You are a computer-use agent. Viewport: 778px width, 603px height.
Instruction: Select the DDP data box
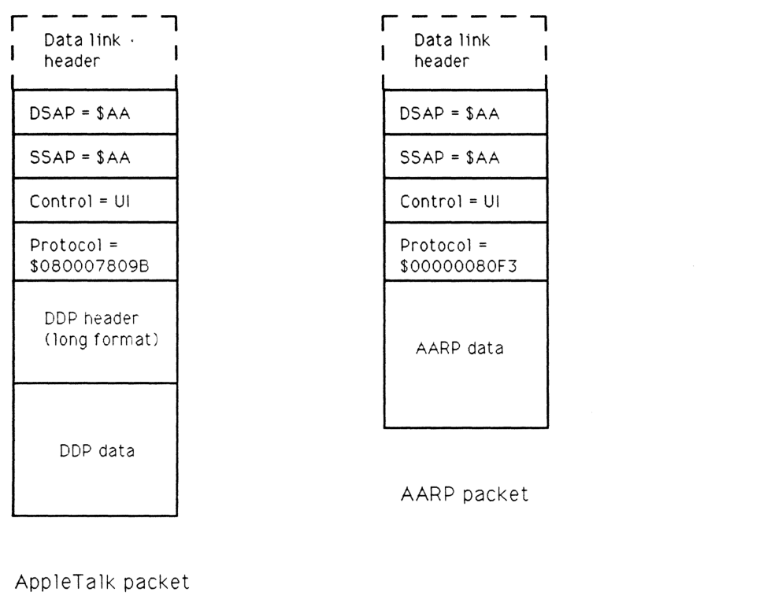click(95, 451)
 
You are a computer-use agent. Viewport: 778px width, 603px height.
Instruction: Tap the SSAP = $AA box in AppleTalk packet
click(95, 157)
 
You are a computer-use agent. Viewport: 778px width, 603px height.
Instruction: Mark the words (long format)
click(95, 342)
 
